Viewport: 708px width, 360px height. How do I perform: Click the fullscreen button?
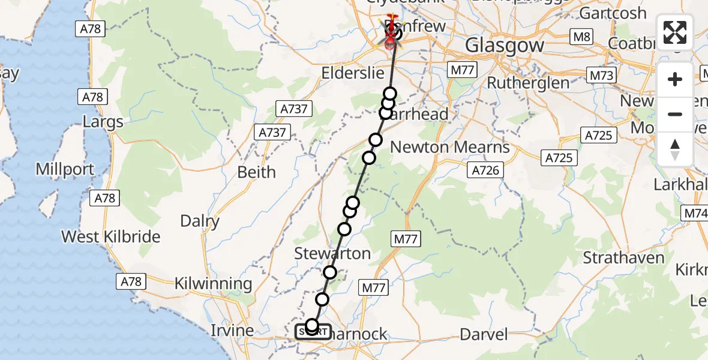click(x=675, y=32)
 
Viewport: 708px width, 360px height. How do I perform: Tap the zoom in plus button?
click(x=675, y=79)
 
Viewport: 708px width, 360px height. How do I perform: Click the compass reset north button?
click(x=675, y=149)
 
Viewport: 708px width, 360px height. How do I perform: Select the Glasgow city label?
click(x=505, y=45)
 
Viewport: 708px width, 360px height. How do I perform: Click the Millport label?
click(x=65, y=169)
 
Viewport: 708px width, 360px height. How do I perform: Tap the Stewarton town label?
click(x=332, y=254)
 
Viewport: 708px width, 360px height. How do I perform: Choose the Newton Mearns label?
click(x=450, y=147)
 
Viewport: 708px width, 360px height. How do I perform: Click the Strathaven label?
click(x=624, y=259)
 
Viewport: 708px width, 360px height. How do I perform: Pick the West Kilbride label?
click(x=111, y=236)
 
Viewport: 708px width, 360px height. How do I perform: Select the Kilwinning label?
click(x=213, y=284)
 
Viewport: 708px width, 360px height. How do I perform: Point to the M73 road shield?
click(x=600, y=75)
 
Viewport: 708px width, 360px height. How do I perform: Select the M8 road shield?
click(x=581, y=37)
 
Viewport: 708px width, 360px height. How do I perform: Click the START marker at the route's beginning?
click(x=313, y=331)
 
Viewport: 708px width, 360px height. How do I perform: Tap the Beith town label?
click(x=256, y=172)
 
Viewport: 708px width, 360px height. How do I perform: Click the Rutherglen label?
click(x=528, y=83)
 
